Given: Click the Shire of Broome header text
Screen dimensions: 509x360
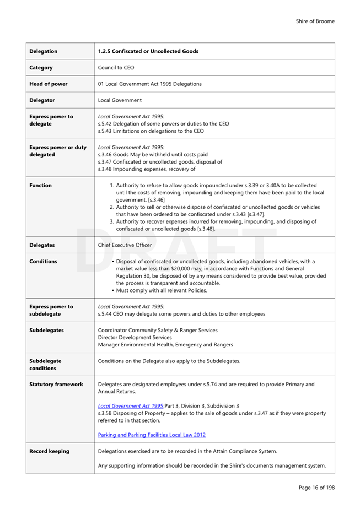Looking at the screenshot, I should tap(315, 21).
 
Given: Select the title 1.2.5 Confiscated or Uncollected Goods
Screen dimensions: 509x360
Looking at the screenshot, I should tap(148, 51).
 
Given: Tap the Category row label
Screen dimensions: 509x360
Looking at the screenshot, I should tap(41, 68).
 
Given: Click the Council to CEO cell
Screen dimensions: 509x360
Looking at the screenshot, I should tap(116, 68).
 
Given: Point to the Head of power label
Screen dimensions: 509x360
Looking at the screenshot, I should tap(49, 84).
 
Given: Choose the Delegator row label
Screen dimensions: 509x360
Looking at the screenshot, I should tap(42, 100).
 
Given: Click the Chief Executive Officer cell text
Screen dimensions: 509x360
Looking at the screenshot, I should tap(125, 245).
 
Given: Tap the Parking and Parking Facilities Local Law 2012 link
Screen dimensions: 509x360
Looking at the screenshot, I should tap(152, 435).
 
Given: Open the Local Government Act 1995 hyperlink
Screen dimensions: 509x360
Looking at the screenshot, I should tap(130, 405).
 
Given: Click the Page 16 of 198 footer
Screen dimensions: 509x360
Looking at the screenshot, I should tap(316, 488).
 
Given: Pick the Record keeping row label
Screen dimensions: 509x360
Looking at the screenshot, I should tap(49, 451).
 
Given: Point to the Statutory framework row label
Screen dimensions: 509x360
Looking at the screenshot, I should tap(56, 384).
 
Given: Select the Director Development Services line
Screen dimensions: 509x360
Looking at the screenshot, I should tap(135, 337).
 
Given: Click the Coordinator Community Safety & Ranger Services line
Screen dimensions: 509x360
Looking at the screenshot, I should tap(157, 330).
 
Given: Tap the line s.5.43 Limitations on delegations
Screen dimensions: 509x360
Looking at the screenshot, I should tap(151, 131).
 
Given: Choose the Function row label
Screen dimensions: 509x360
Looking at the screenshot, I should tap(40, 186).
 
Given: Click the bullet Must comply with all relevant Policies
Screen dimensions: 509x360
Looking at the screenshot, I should tap(162, 290).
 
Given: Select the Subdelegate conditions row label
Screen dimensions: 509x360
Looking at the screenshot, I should tap(45, 365).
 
